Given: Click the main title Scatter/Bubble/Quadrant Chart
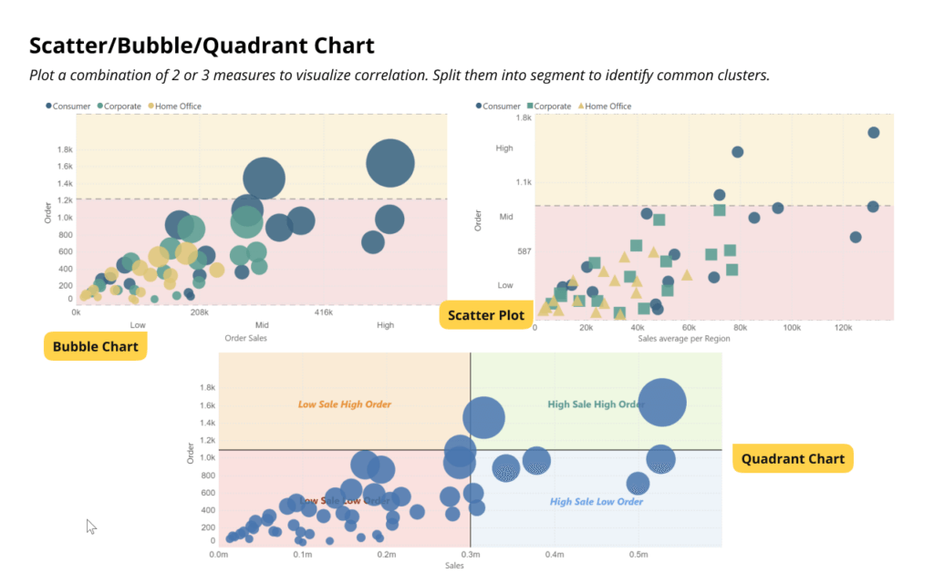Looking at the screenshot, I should pos(202,46).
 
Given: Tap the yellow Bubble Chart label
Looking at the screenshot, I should pos(95,346).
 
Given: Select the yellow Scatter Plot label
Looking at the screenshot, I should pos(485,315).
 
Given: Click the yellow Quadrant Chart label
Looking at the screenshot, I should pos(793,458).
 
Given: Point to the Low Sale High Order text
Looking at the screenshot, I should pos(345,404).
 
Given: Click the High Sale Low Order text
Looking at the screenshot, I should pos(596,502).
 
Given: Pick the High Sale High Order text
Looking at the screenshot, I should pos(596,404).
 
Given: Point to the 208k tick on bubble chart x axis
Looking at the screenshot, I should pos(200,312).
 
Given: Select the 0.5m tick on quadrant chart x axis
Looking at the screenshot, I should pos(638,554).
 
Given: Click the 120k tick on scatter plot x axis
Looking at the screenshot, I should pos(843,327).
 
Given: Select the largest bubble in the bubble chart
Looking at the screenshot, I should pos(390,163).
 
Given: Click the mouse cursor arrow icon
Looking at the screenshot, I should pos(90,526).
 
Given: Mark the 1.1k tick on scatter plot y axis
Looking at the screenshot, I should pos(523,182).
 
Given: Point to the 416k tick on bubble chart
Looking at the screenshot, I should pos(324,312).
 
